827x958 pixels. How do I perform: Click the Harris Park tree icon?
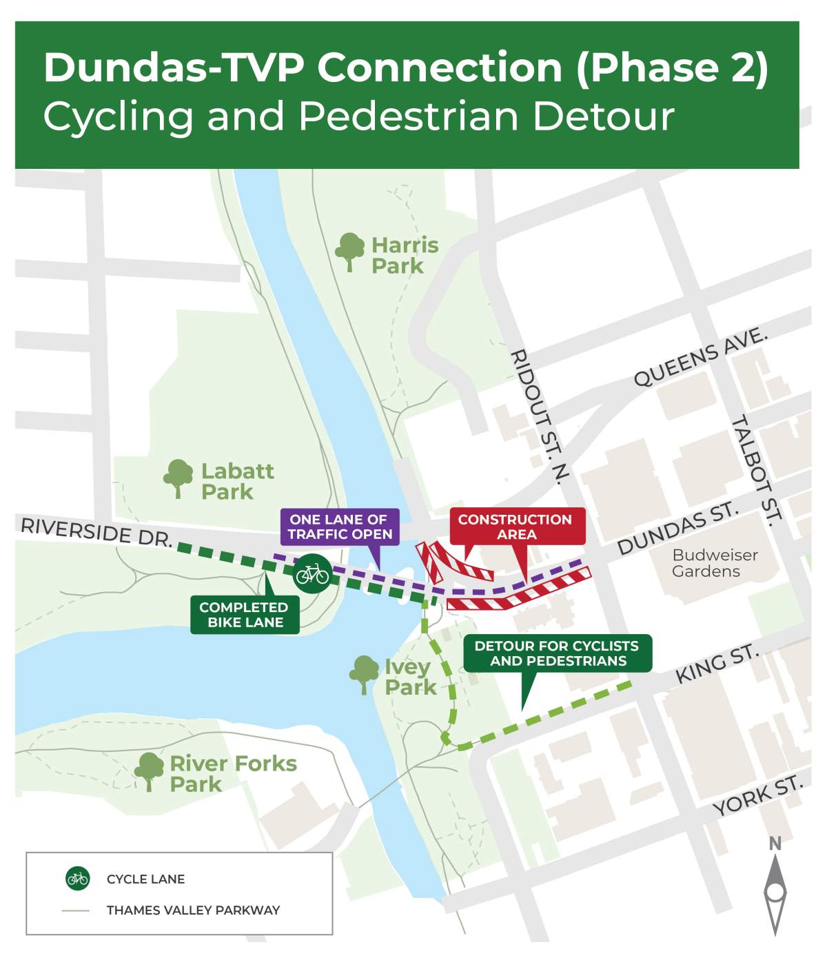click(x=349, y=252)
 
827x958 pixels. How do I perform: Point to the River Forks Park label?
click(x=232, y=773)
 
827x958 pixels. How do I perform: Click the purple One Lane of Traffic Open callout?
click(x=340, y=527)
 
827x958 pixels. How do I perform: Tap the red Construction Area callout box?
click(x=517, y=527)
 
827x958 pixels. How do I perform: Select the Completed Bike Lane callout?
click(x=245, y=615)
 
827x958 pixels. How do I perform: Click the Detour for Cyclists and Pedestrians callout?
click(x=557, y=653)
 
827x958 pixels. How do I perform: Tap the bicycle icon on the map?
click(x=312, y=573)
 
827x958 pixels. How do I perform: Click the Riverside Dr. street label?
click(x=96, y=533)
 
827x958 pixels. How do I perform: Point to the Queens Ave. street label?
click(x=700, y=358)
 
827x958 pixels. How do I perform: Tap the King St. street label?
click(x=717, y=664)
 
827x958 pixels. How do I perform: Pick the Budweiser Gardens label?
click(x=714, y=563)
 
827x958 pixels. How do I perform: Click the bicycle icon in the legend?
click(x=78, y=879)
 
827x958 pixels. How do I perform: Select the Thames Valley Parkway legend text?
click(x=193, y=910)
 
